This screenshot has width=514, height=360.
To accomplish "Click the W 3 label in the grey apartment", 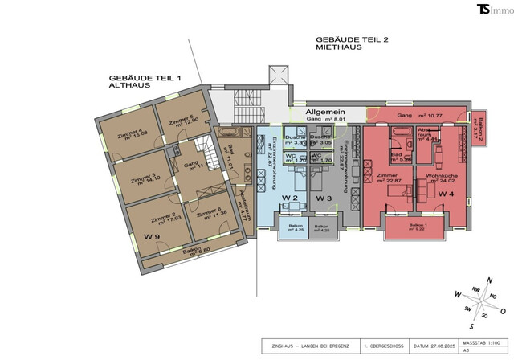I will tap(324, 198).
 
